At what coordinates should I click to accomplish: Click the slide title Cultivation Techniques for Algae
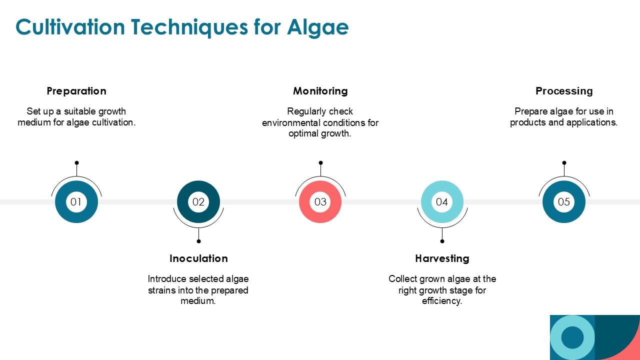pyautogui.click(x=182, y=27)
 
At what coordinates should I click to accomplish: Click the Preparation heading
pyautogui.click(x=76, y=91)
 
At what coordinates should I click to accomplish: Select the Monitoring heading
pyautogui.click(x=320, y=91)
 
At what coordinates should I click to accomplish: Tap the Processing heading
pyautogui.click(x=564, y=91)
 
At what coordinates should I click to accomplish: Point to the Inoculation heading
pyautogui.click(x=198, y=258)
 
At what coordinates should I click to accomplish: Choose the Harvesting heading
pyautogui.click(x=442, y=258)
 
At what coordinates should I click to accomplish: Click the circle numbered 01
pyautogui.click(x=76, y=202)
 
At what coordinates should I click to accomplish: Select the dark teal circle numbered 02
pyautogui.click(x=198, y=202)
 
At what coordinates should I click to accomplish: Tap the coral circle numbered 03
pyautogui.click(x=320, y=202)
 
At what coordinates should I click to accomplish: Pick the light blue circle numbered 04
pyautogui.click(x=442, y=202)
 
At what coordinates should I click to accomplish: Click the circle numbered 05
pyautogui.click(x=564, y=202)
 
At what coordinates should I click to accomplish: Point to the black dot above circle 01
pyautogui.click(x=76, y=162)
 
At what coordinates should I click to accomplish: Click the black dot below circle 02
pyautogui.click(x=198, y=241)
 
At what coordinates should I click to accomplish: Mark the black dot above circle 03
pyautogui.click(x=320, y=162)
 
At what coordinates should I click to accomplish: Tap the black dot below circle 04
pyautogui.click(x=442, y=241)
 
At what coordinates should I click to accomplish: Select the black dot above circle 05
pyautogui.click(x=564, y=162)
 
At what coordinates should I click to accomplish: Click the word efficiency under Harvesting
pyautogui.click(x=441, y=301)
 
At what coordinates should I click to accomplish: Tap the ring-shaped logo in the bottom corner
pyautogui.click(x=572, y=337)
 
